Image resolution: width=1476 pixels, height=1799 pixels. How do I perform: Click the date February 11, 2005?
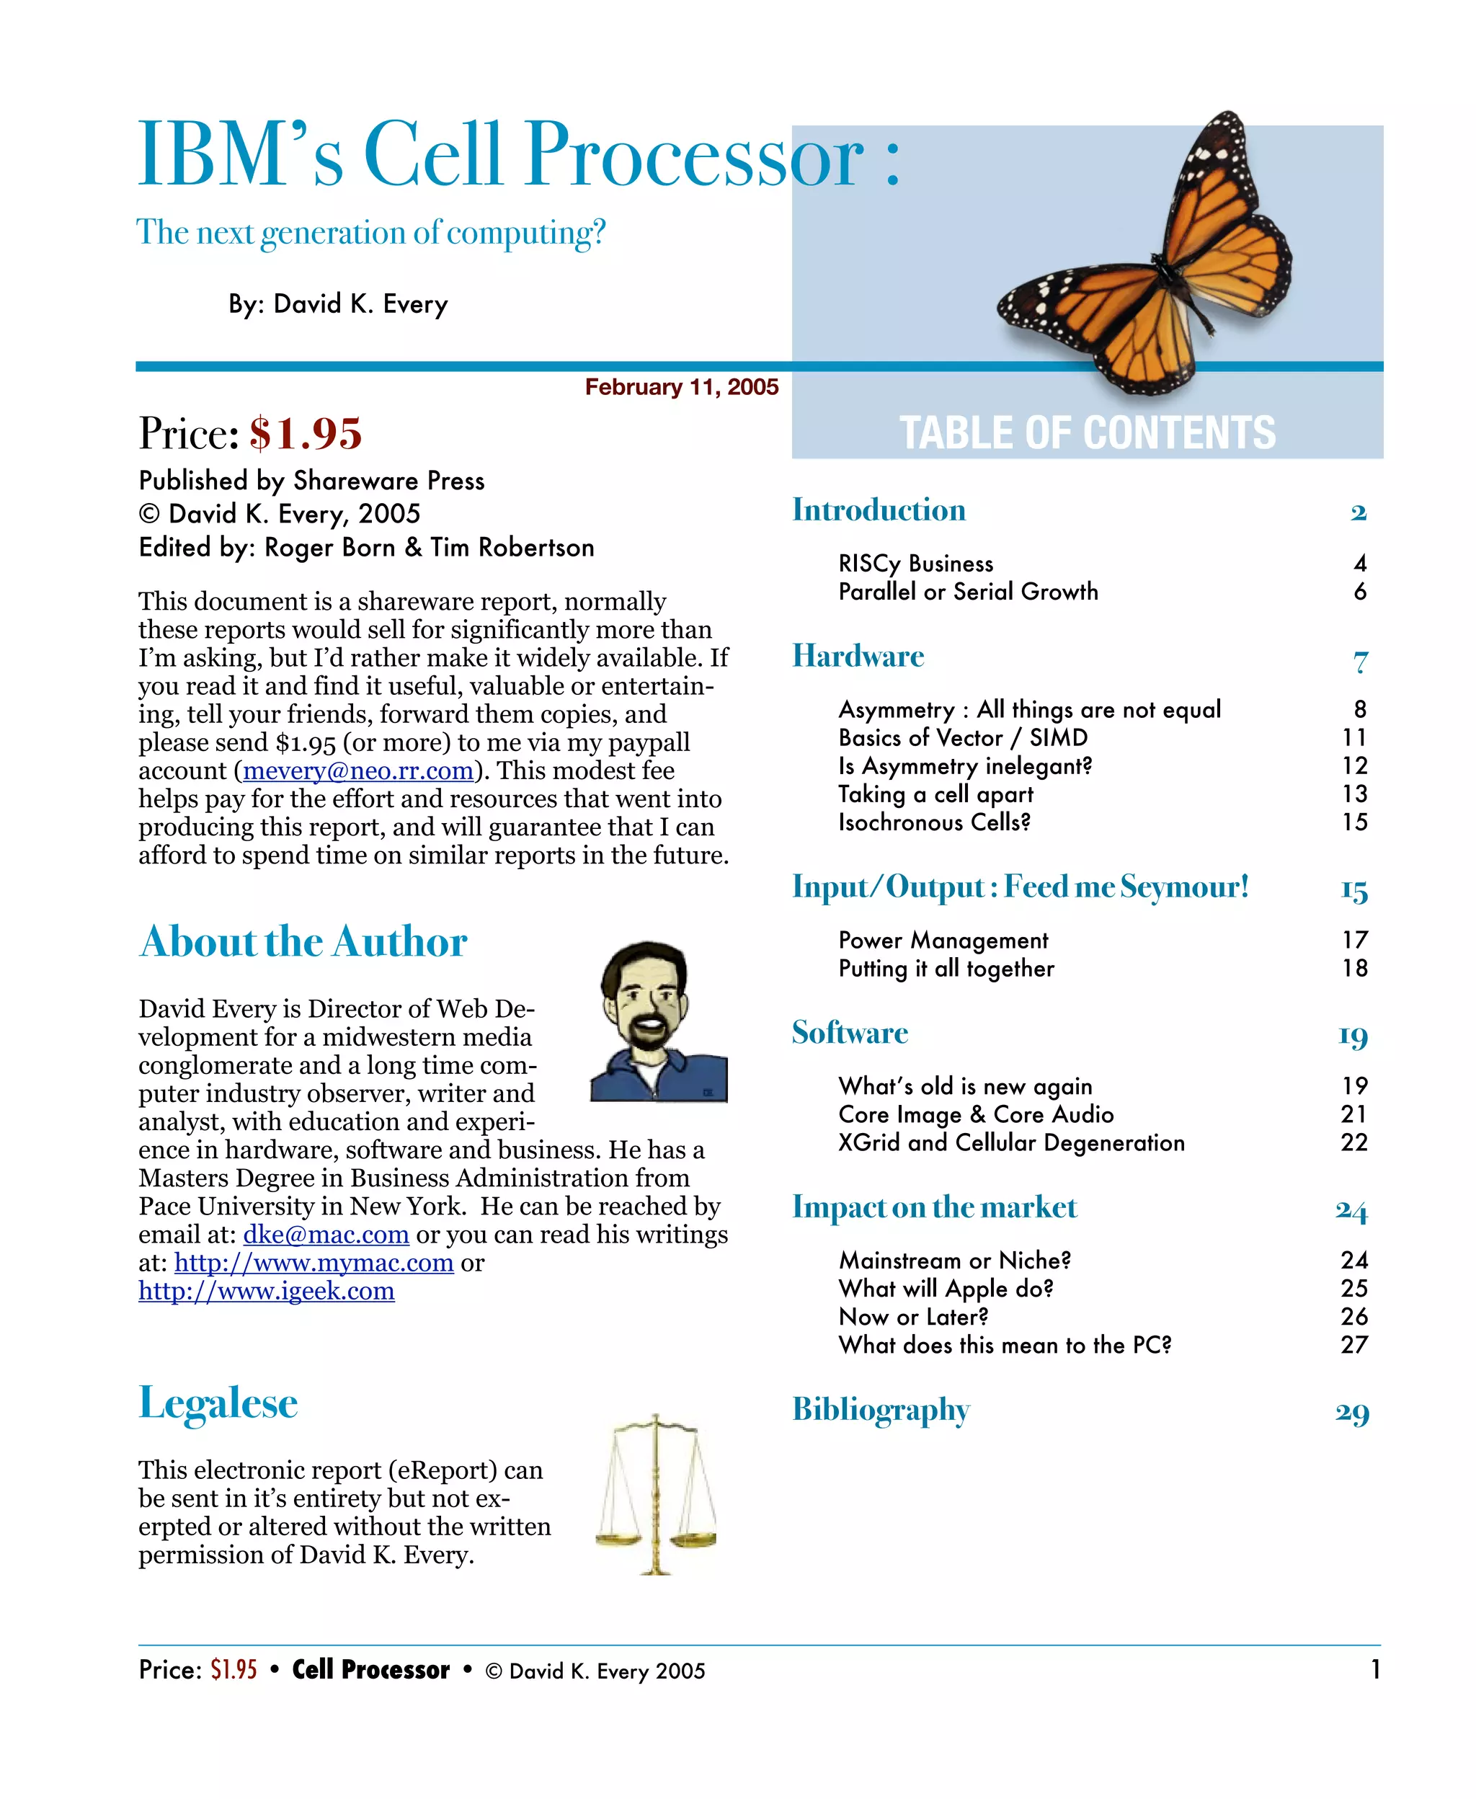(681, 387)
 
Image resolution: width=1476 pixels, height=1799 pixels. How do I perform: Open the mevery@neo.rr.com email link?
(358, 770)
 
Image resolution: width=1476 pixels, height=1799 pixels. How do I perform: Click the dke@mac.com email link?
(326, 1235)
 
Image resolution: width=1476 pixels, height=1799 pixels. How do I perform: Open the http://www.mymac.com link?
(314, 1263)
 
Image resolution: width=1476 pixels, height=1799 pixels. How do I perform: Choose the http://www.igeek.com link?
(266, 1291)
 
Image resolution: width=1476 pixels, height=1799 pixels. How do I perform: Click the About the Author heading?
(303, 941)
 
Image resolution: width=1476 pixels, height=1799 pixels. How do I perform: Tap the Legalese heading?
(218, 1403)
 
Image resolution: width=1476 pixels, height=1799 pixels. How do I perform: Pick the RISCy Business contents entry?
(916, 564)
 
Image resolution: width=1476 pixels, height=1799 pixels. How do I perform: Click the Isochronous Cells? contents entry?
(935, 822)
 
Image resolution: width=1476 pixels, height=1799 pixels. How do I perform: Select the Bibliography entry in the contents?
(881, 1409)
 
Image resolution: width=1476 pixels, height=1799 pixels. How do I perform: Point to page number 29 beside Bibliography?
(1352, 1412)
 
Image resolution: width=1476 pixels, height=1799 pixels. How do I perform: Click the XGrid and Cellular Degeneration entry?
(1011, 1142)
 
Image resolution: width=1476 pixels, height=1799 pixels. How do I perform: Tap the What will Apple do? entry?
(946, 1288)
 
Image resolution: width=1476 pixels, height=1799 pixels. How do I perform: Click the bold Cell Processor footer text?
(370, 1670)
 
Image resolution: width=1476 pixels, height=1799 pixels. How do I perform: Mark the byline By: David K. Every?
(337, 303)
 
